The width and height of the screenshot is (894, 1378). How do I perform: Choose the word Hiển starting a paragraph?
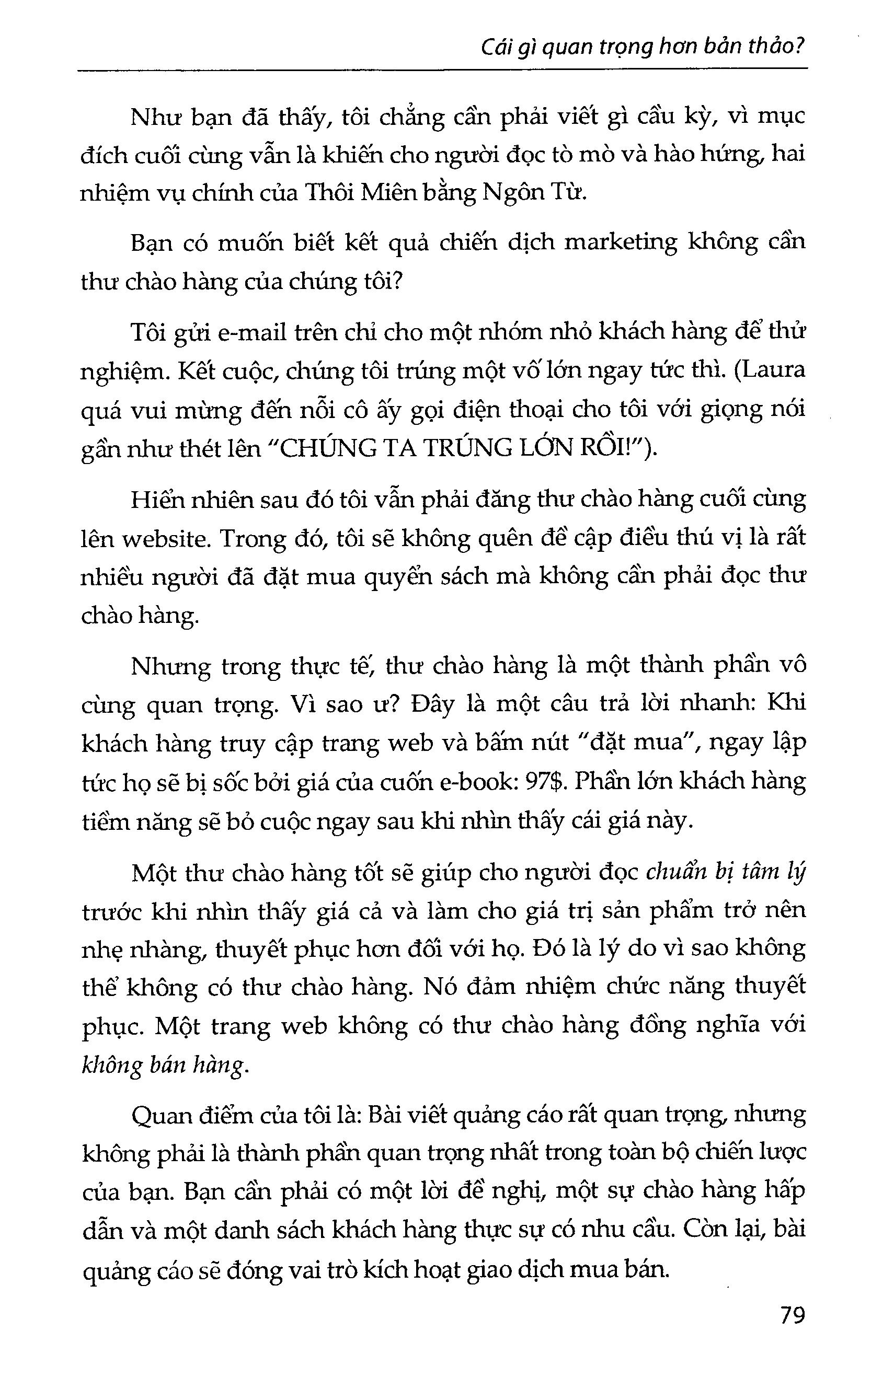(156, 500)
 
